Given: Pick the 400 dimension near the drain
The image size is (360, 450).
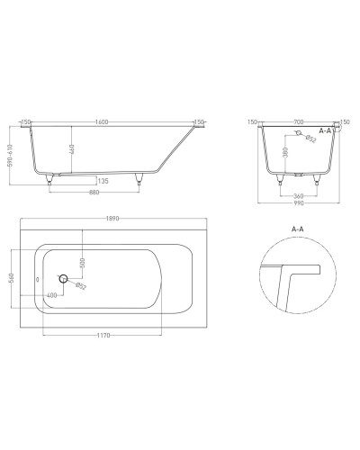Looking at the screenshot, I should point(52,295).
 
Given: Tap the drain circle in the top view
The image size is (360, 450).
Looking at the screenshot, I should point(64,279).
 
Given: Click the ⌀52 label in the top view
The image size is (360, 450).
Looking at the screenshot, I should point(82,286).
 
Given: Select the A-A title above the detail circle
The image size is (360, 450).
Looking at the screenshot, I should point(299,229).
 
